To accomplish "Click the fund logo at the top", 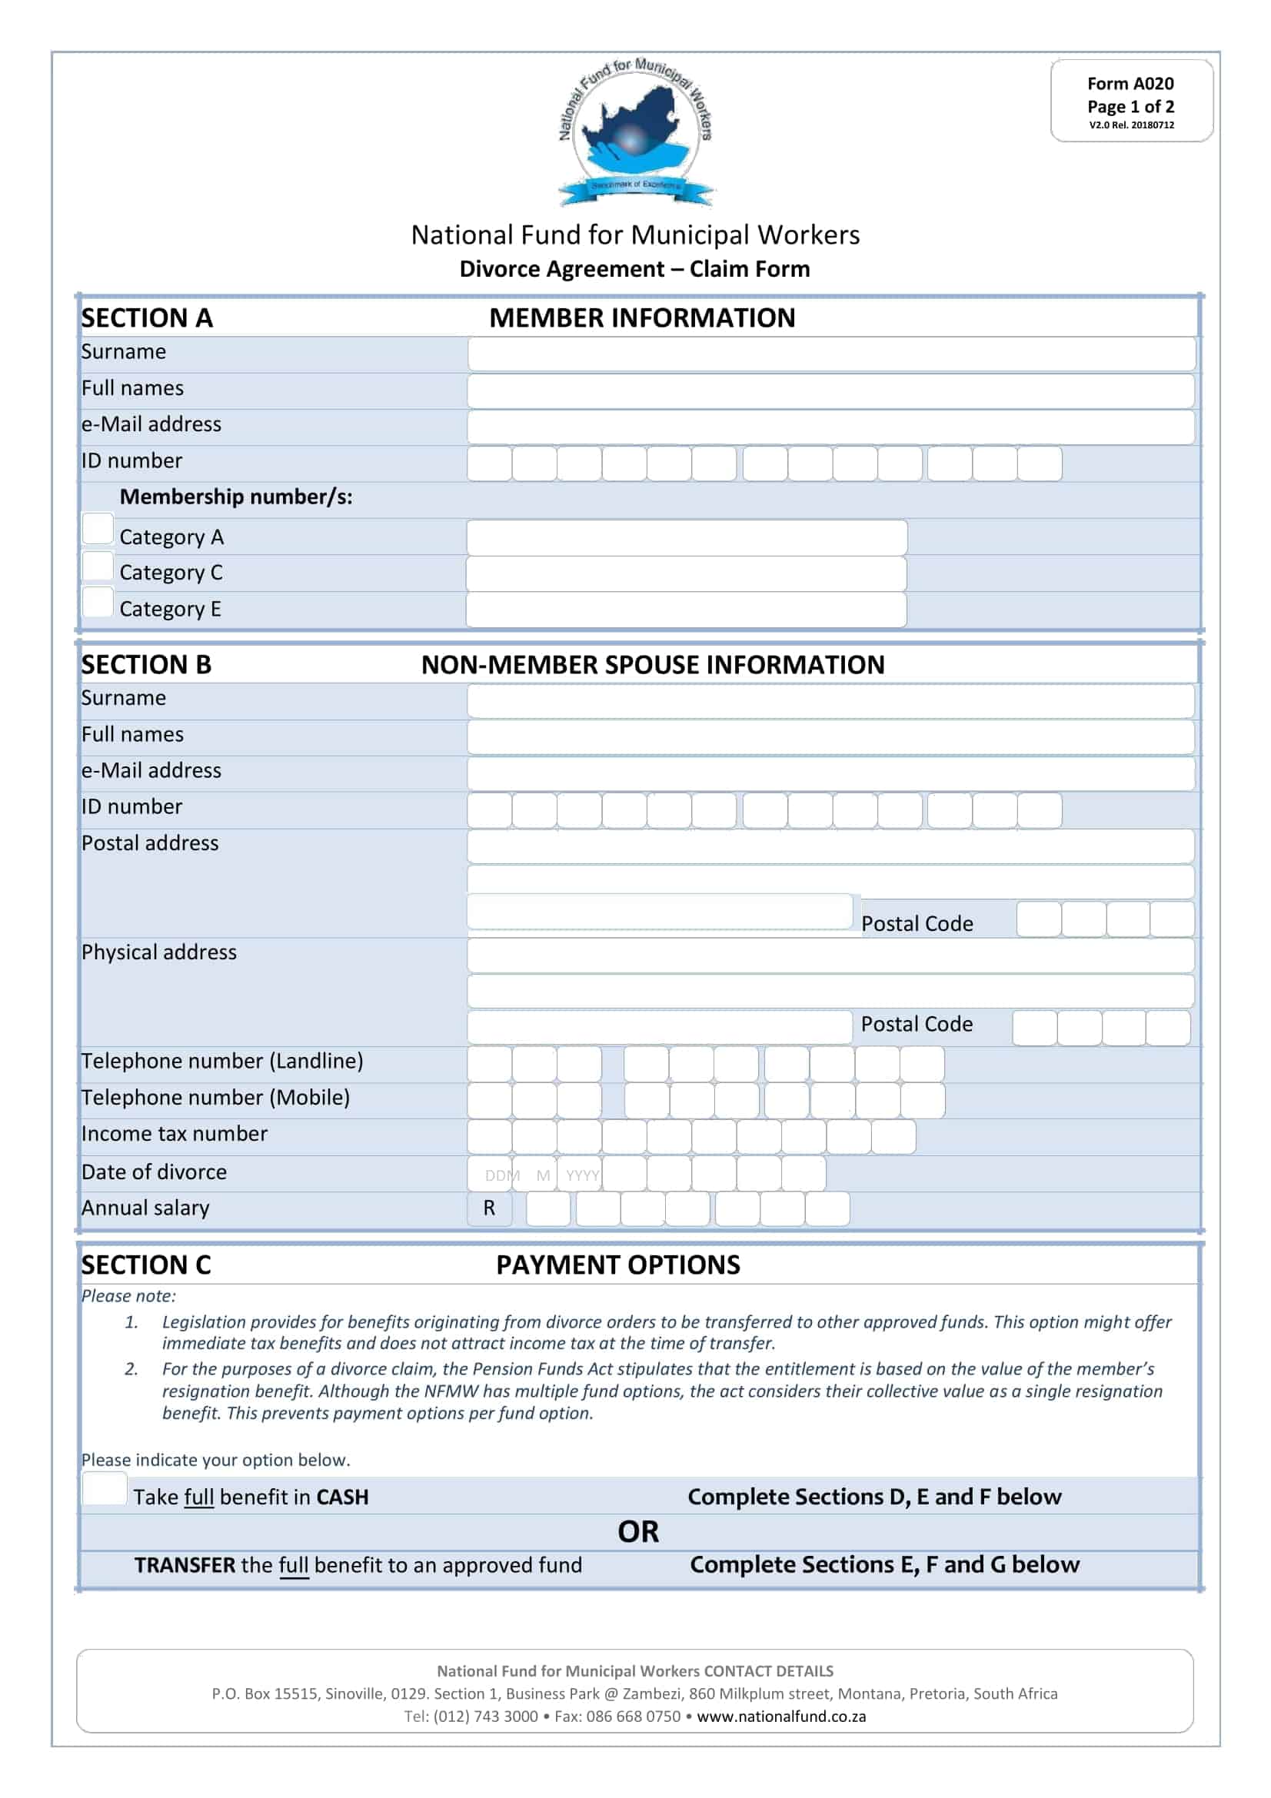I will click(635, 133).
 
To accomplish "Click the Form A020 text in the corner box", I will click(1130, 84).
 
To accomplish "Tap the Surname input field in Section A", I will click(831, 354).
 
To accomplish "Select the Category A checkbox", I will click(98, 529).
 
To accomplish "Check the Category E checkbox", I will click(98, 601).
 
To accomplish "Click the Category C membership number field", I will click(686, 574).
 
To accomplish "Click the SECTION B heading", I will click(146, 665).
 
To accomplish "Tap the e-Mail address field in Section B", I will click(831, 773).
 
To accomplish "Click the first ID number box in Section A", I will click(490, 464).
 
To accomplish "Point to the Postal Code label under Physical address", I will click(917, 1024).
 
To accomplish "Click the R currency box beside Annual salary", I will click(490, 1208).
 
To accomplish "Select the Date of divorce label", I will click(155, 1172).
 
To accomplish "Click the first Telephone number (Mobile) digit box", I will click(490, 1100).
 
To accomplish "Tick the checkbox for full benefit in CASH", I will click(104, 1488).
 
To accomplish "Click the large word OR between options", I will click(637, 1532).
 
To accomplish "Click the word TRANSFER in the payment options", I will click(185, 1564).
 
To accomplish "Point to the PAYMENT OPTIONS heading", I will click(618, 1265).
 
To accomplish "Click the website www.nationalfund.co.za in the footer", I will click(780, 1717).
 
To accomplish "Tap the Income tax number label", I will click(175, 1134).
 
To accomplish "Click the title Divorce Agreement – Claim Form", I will click(634, 269).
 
